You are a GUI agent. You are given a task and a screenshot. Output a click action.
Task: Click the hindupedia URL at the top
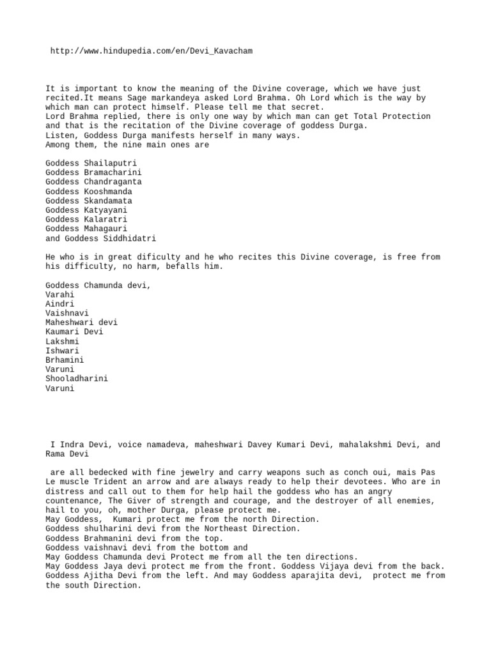click(x=152, y=50)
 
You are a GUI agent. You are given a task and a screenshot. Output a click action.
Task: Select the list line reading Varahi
click(x=60, y=294)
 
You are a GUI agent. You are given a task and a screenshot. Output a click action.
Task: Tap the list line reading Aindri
click(x=60, y=304)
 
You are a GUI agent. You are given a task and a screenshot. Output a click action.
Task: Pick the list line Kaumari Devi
click(x=74, y=332)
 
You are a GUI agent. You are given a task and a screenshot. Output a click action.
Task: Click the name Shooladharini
click(x=77, y=379)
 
